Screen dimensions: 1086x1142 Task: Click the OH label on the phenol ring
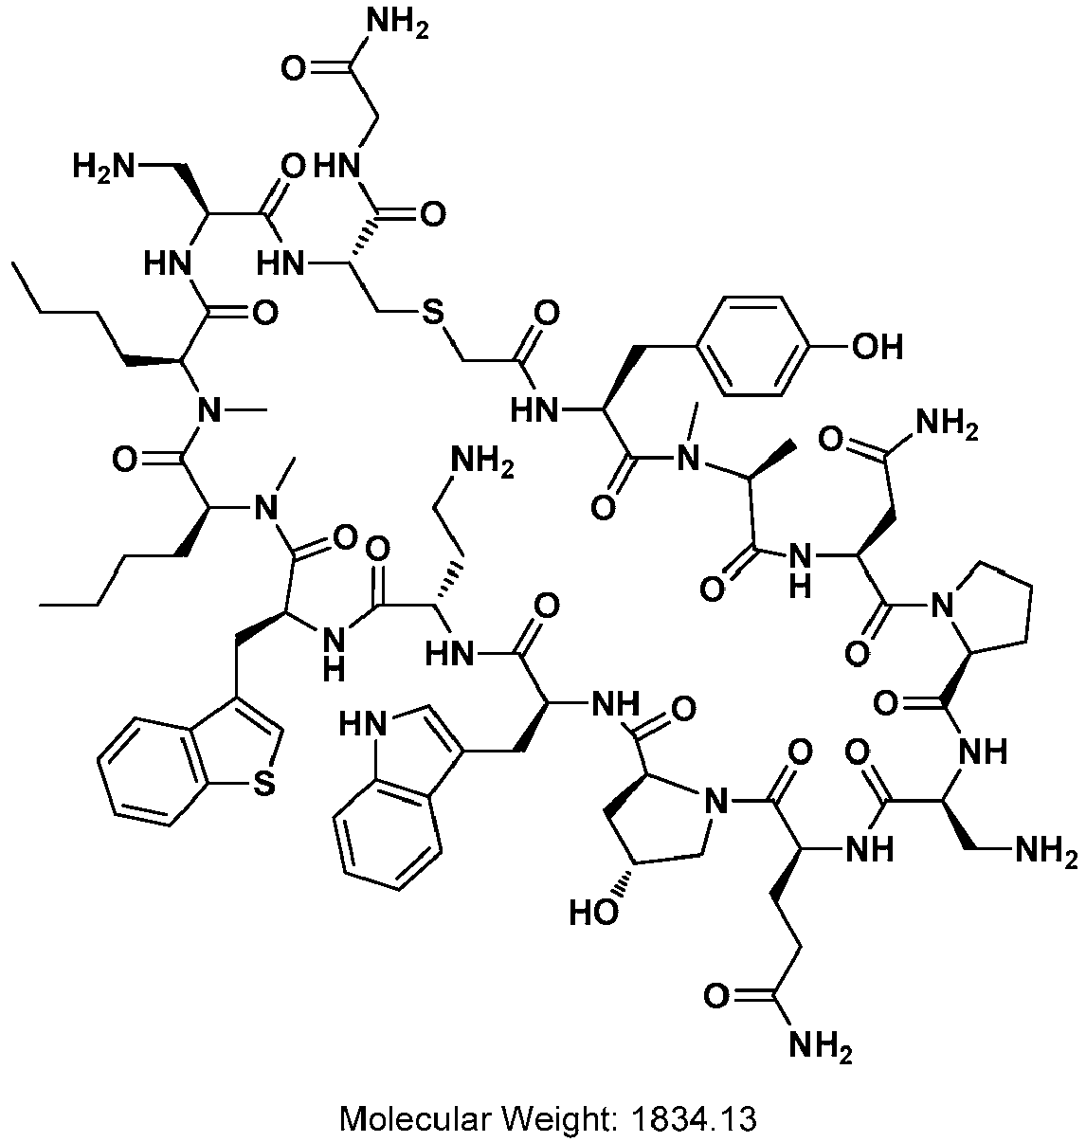877,347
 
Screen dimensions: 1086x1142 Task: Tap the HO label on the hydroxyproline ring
593,913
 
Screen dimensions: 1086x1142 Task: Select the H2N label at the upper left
103,168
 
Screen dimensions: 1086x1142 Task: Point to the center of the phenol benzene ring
753,347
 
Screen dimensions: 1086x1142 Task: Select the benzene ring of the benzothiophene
144,770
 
